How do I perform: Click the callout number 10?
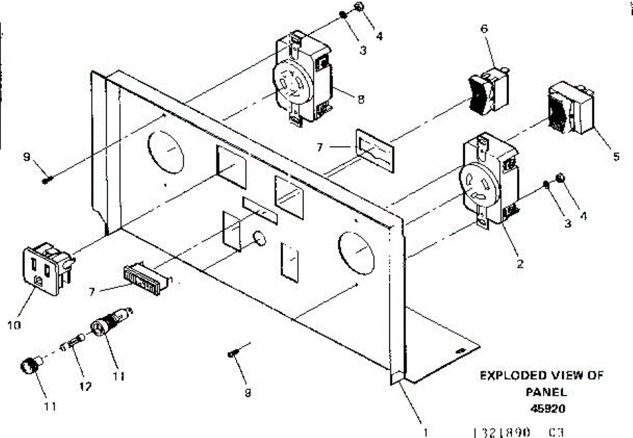pyautogui.click(x=14, y=325)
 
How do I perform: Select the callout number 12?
pyautogui.click(x=85, y=386)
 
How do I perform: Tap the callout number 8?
pyautogui.click(x=361, y=99)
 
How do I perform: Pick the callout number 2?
pyautogui.click(x=520, y=264)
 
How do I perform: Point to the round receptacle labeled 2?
pyautogui.click(x=488, y=182)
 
